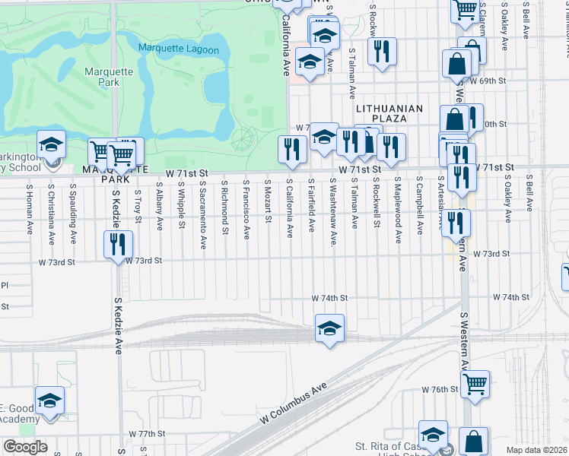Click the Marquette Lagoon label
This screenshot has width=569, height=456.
[179, 50]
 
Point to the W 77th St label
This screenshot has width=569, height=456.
[151, 434]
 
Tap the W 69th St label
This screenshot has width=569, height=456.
[488, 80]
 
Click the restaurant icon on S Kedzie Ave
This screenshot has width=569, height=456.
[118, 244]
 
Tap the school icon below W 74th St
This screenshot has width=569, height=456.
[329, 328]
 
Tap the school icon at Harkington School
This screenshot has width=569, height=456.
[51, 144]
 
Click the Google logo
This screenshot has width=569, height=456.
[25, 447]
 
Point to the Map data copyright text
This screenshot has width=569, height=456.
[536, 450]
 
